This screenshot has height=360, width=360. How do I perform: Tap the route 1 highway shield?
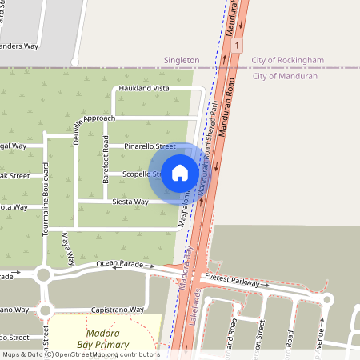tap(238, 46)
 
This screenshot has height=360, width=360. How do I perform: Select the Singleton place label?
tap(181, 60)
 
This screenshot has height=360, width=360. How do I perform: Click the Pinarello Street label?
tap(149, 146)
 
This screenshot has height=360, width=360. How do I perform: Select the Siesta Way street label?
tap(130, 202)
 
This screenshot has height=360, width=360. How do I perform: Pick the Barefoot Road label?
tap(106, 158)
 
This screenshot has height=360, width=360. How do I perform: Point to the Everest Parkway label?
tap(238, 280)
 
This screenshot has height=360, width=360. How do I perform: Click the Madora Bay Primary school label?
tap(103, 338)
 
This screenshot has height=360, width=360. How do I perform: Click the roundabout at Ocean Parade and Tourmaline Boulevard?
tap(43, 275)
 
